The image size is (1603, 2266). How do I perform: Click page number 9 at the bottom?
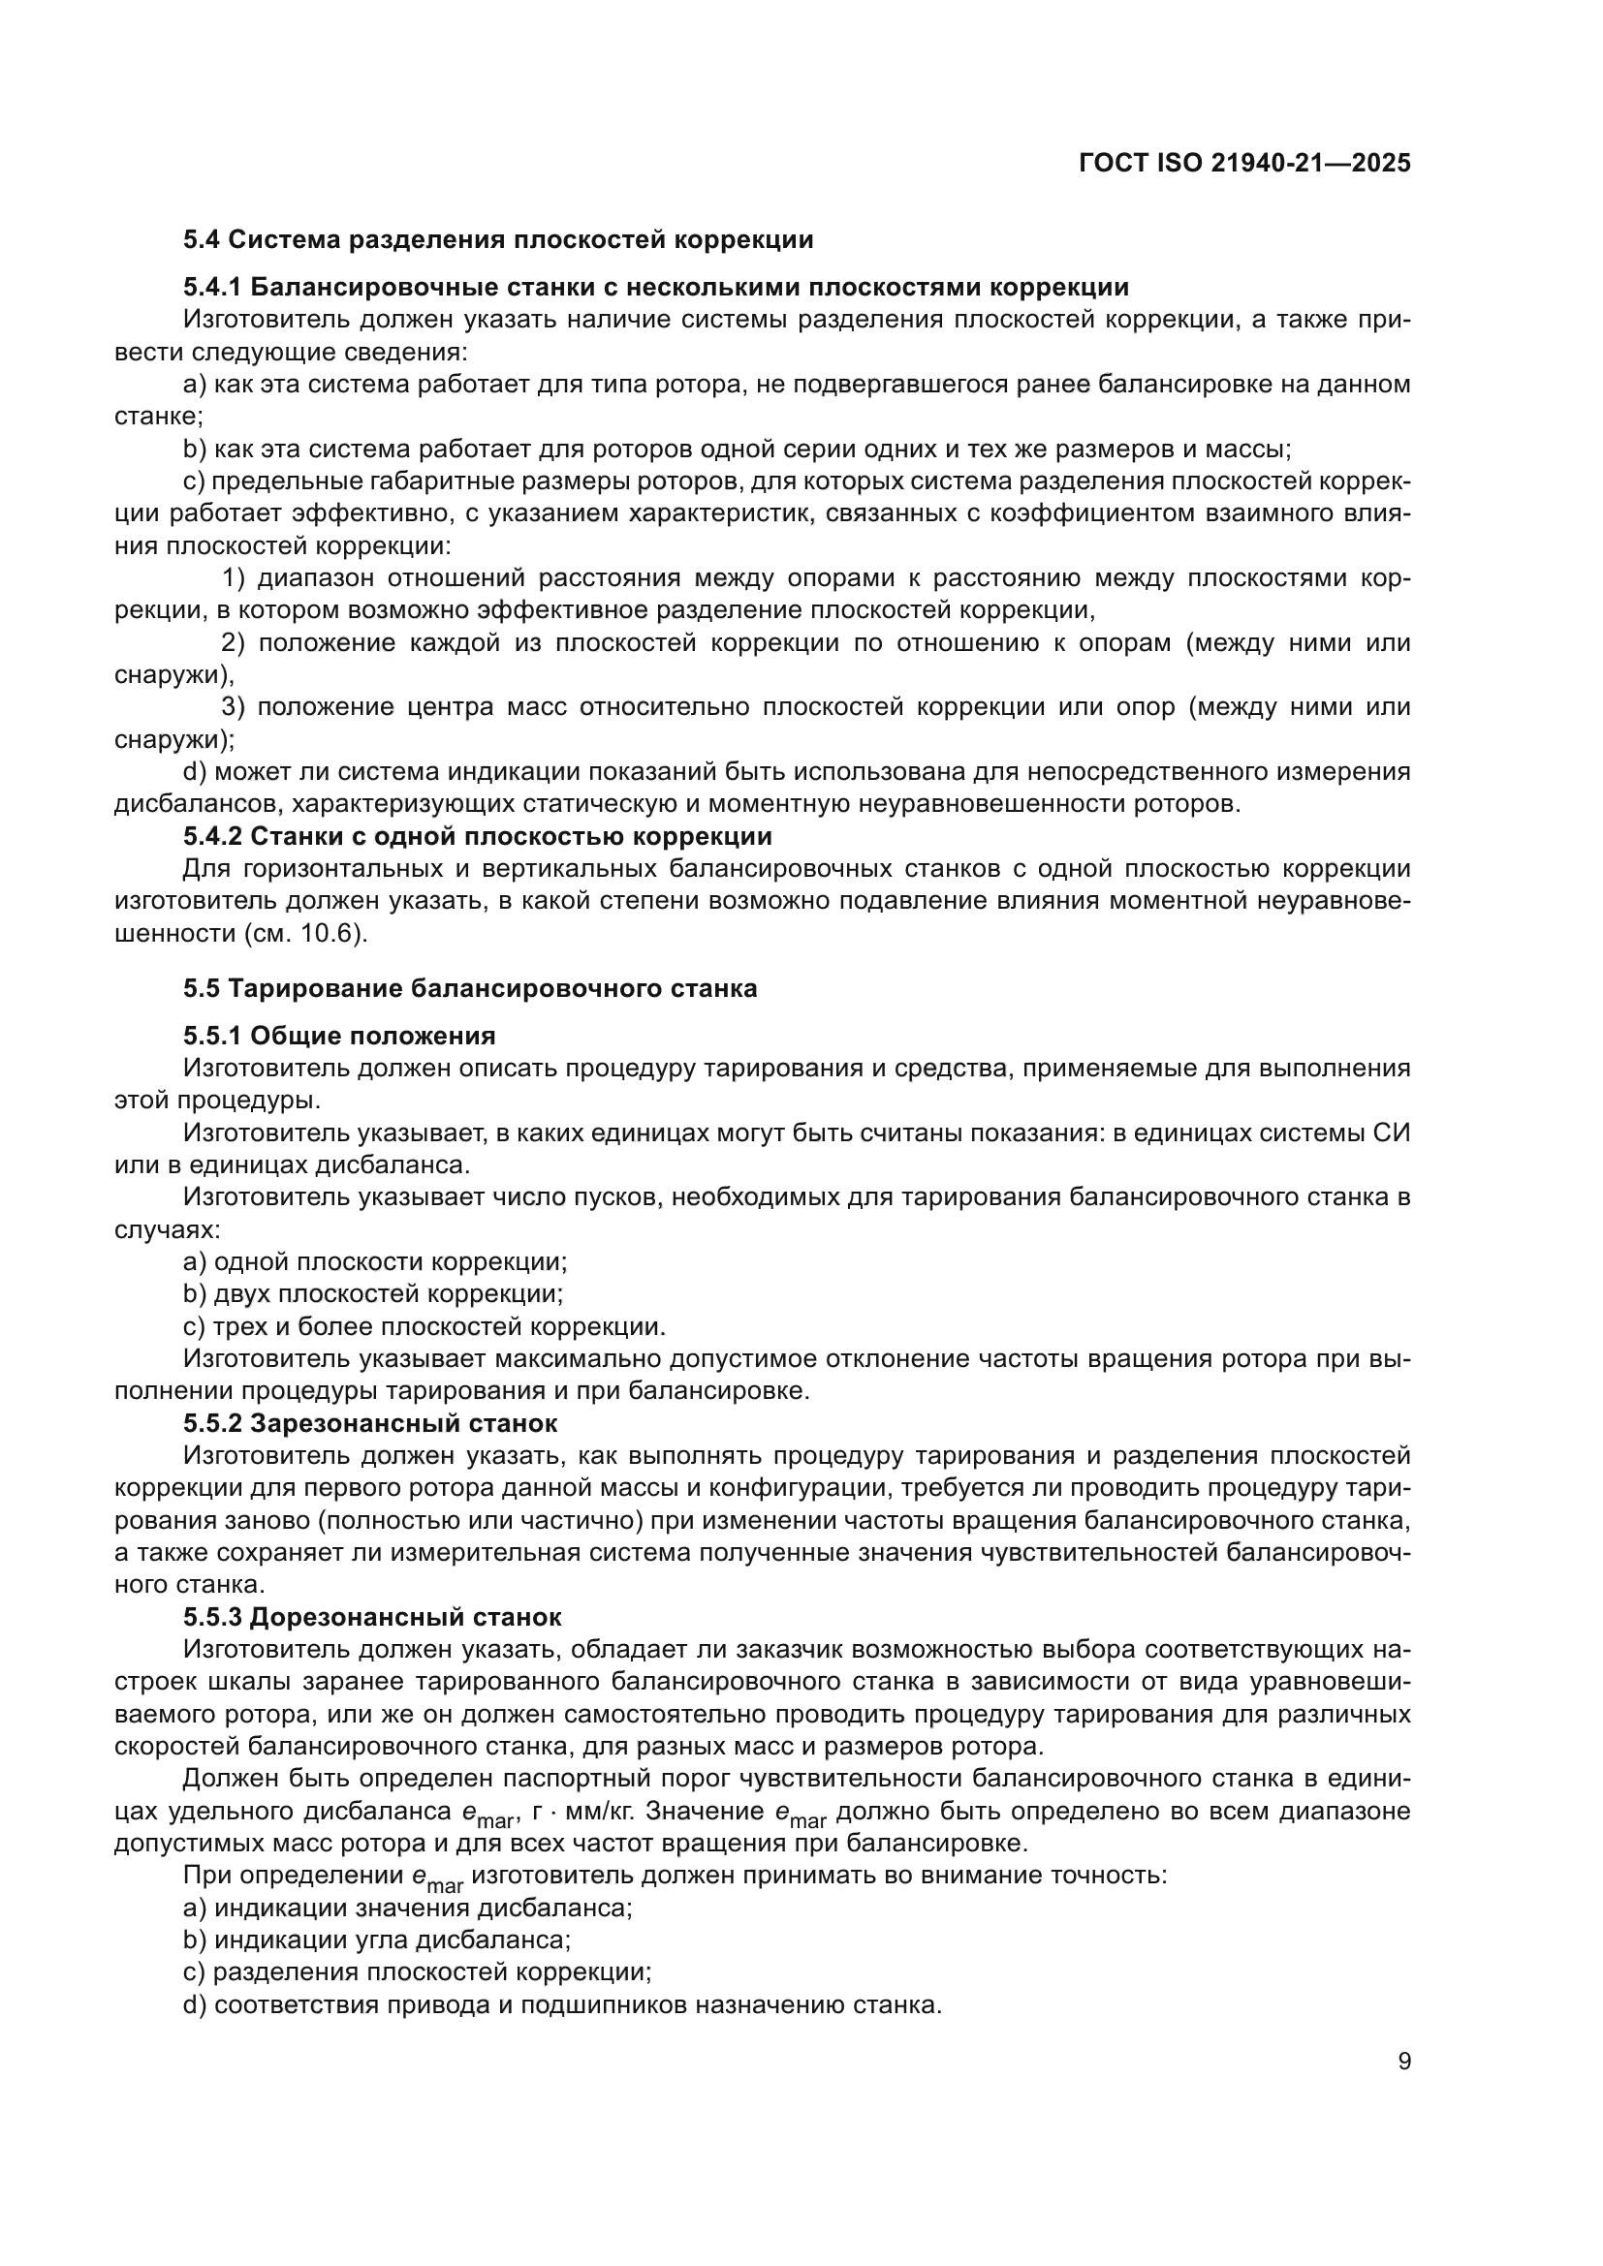pyautogui.click(x=1403, y=2062)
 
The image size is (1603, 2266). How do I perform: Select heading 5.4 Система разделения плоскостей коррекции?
pyautogui.click(x=498, y=240)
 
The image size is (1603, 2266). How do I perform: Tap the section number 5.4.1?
pyautogui.click(x=212, y=287)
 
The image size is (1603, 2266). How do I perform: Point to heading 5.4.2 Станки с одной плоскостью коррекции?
pyautogui.click(x=477, y=836)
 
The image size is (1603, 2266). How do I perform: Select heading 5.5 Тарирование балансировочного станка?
pyautogui.click(x=470, y=988)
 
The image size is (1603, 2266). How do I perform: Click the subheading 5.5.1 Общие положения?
pyautogui.click(x=339, y=1036)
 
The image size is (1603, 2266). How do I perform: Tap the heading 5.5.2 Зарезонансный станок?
pyautogui.click(x=370, y=1423)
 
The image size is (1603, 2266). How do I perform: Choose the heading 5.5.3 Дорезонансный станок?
pyautogui.click(x=372, y=1617)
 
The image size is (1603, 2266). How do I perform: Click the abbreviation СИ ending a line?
pyautogui.click(x=1392, y=1133)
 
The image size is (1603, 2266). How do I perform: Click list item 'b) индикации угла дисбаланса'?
pyautogui.click(x=377, y=1940)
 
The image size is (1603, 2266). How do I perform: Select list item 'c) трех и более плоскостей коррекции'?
pyautogui.click(x=424, y=1326)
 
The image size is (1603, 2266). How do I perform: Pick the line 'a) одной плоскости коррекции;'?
pyautogui.click(x=375, y=1262)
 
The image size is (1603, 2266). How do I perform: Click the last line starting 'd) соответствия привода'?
pyautogui.click(x=563, y=2004)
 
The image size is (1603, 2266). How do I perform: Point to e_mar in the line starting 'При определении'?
pyautogui.click(x=436, y=1878)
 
